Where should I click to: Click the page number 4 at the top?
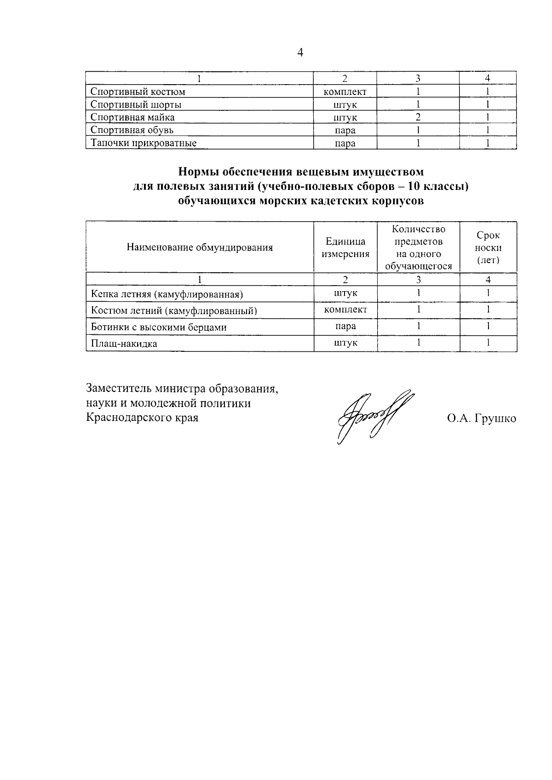click(x=300, y=53)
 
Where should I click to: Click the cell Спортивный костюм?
click(x=138, y=92)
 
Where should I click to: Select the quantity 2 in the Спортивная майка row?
click(x=418, y=117)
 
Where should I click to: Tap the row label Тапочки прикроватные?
click(x=144, y=143)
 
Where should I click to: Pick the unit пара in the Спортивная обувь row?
click(x=345, y=130)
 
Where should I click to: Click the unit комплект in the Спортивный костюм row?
click(x=345, y=92)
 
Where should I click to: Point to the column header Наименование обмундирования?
click(x=200, y=247)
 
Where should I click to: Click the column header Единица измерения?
click(x=345, y=247)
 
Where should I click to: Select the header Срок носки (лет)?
click(x=488, y=247)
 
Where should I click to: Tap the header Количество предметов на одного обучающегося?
click(x=418, y=247)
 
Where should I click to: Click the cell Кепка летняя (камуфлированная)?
click(x=167, y=294)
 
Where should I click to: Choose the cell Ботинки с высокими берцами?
click(x=159, y=327)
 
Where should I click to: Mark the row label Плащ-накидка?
click(x=124, y=344)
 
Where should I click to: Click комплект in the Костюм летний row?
click(x=345, y=310)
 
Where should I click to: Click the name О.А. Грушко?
click(x=481, y=419)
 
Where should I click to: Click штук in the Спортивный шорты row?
click(x=345, y=104)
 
